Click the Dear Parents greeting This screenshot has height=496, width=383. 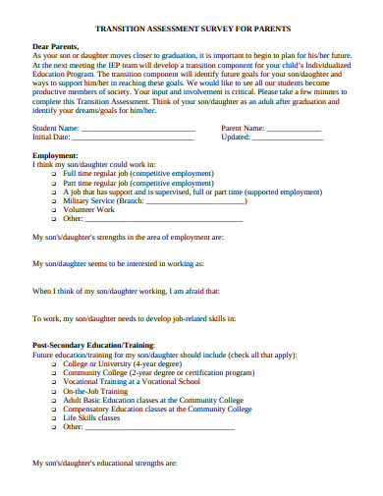click(x=57, y=46)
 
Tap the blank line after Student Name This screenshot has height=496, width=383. click(x=138, y=129)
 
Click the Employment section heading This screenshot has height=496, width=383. click(x=56, y=155)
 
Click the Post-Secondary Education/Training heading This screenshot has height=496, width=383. click(x=93, y=346)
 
